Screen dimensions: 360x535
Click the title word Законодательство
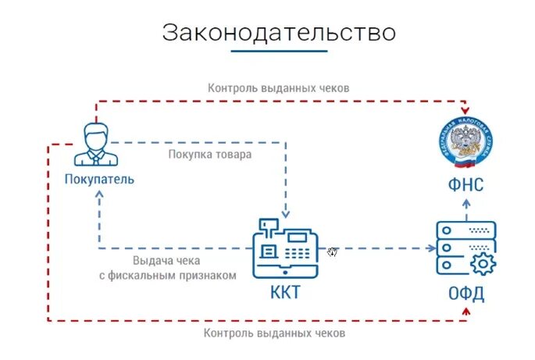[279, 33]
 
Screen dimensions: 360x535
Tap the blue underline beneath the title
[279, 52]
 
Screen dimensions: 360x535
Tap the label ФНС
[466, 185]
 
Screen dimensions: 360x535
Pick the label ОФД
[465, 294]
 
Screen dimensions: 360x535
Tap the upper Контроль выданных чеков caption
[278, 88]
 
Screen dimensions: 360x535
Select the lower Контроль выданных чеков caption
[273, 333]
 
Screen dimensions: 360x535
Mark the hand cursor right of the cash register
[333, 251]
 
